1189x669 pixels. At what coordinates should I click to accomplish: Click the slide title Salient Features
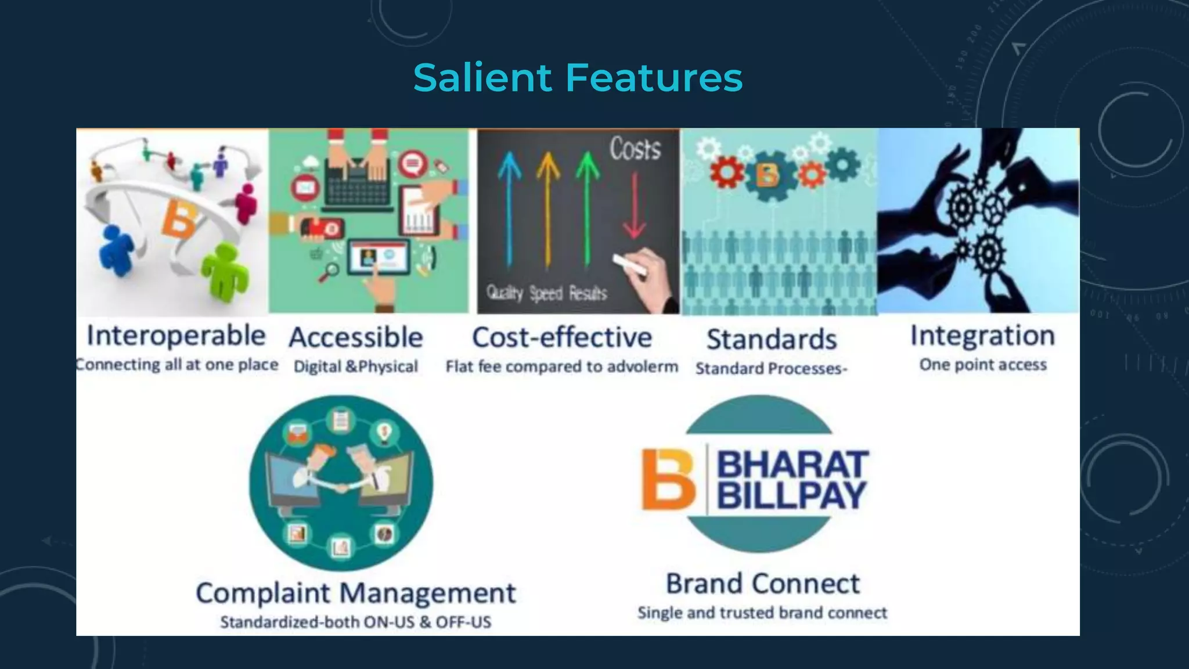[x=578, y=78]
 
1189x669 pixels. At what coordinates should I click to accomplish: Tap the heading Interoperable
[x=176, y=336]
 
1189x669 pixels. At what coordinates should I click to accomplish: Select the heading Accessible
[x=356, y=337]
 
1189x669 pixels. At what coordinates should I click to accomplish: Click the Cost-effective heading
[x=562, y=337]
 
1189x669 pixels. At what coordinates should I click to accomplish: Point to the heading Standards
[x=772, y=339]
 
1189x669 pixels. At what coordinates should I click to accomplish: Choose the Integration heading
[x=982, y=336]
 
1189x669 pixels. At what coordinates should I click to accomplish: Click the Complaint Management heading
[x=355, y=593]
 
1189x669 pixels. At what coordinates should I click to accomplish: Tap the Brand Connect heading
[x=762, y=584]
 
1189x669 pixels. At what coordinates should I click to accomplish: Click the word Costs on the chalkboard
[x=635, y=149]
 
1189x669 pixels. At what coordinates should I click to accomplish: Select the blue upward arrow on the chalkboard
[x=509, y=209]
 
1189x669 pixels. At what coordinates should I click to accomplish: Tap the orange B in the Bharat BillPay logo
[x=668, y=479]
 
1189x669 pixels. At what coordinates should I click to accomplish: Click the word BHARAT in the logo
[x=792, y=464]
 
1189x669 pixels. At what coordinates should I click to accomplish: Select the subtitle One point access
[x=983, y=365]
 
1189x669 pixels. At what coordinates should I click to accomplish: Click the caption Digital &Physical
[x=355, y=366]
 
